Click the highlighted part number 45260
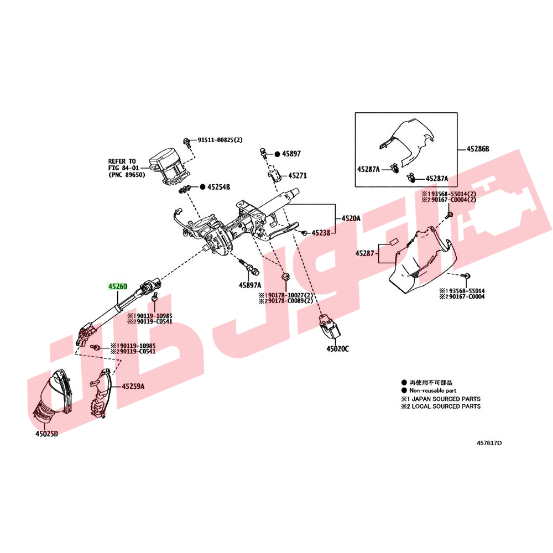point(117,286)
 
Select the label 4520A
point(351,218)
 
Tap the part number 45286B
point(478,149)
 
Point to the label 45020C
point(337,349)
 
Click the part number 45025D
point(46,434)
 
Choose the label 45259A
point(133,387)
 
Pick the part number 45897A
point(250,285)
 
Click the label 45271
point(298,176)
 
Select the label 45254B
point(218,187)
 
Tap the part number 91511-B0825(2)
point(220,140)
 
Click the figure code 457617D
point(489,444)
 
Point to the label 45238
point(321,233)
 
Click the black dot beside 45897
point(277,154)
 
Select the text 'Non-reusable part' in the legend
point(433,390)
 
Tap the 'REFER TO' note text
point(122,161)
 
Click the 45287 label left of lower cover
point(364,253)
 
